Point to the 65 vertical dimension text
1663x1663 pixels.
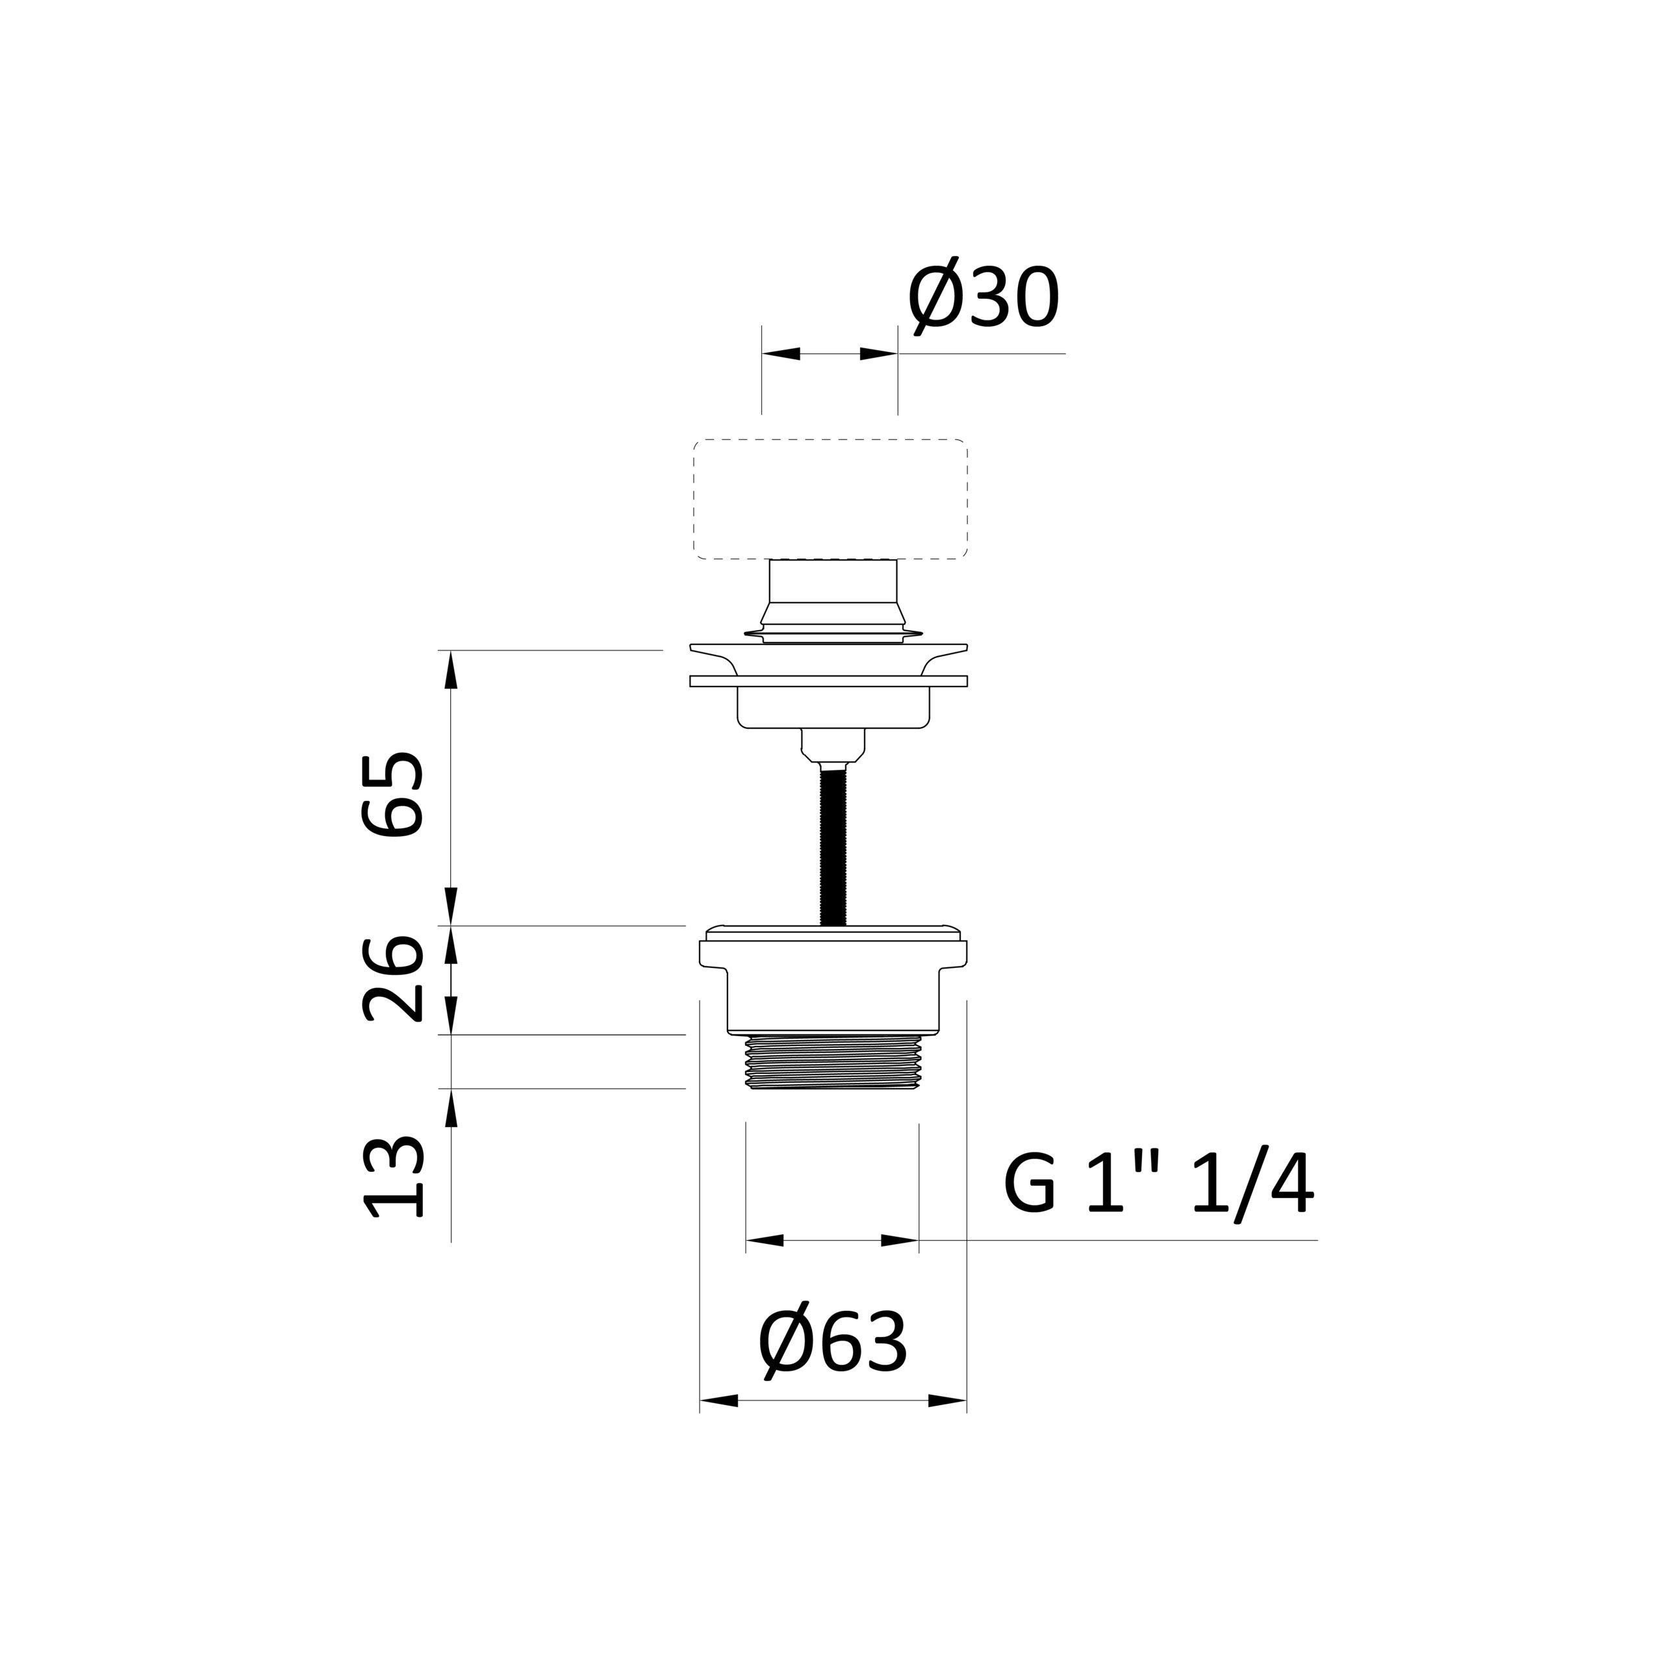[x=392, y=794]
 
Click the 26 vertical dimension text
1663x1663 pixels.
[x=392, y=979]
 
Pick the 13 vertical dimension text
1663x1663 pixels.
[x=392, y=1176]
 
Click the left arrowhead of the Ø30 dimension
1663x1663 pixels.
[x=781, y=354]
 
